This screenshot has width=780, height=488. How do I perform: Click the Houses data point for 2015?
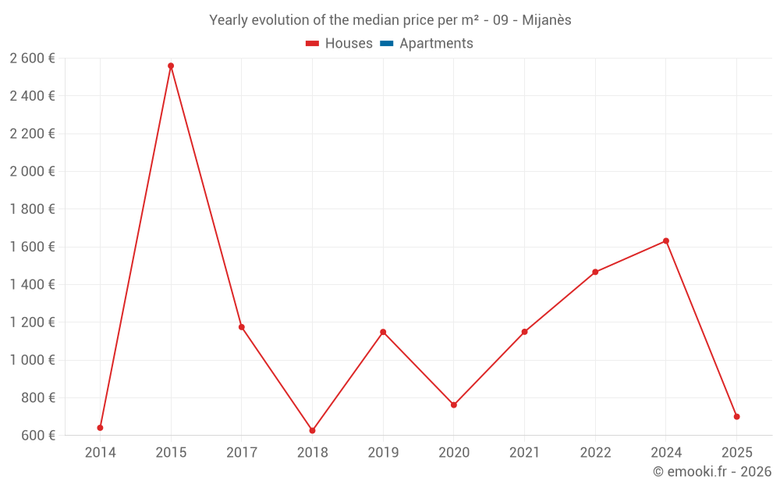tap(171, 66)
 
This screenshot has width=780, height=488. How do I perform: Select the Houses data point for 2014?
tap(100, 428)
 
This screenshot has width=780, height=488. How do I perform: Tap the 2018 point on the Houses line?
tap(312, 431)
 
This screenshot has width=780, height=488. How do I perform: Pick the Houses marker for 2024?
tap(665, 240)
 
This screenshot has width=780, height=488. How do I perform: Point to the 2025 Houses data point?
tap(736, 417)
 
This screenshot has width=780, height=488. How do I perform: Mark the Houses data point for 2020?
tap(454, 405)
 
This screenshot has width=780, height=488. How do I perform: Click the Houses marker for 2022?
tap(595, 272)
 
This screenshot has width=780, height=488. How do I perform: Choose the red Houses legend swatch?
tap(312, 44)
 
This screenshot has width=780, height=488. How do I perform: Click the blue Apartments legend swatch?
tap(386, 44)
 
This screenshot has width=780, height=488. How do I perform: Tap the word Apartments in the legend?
tap(436, 44)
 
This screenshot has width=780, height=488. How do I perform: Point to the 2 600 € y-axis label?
tap(32, 59)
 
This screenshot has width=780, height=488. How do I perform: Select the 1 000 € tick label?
tap(32, 360)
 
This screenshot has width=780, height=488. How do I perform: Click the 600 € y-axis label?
tap(38, 436)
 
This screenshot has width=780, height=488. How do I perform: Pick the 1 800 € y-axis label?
tap(32, 209)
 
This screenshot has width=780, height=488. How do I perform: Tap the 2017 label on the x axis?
tap(242, 453)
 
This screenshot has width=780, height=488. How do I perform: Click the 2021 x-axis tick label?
tap(524, 453)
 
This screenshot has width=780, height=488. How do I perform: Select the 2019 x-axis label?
tap(383, 453)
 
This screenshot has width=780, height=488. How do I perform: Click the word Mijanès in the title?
tap(545, 20)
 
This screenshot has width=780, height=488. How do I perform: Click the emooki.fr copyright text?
tap(712, 472)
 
